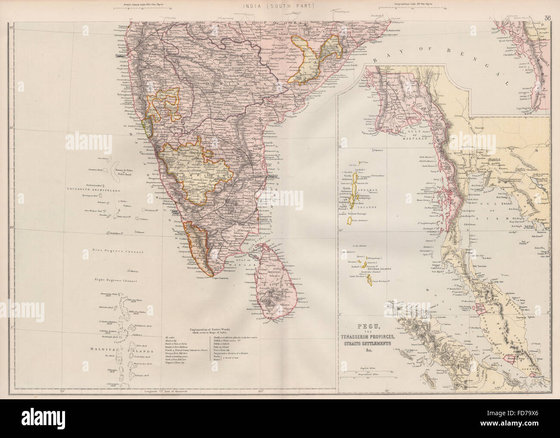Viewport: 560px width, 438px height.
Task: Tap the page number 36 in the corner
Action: pyautogui.click(x=548, y=6)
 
